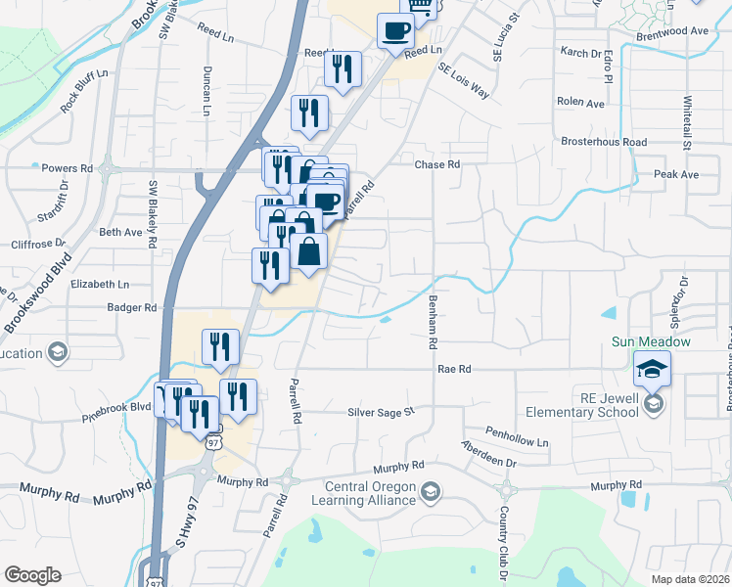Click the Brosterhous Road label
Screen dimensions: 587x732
(x=604, y=142)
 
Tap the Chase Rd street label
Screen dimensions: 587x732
(x=436, y=165)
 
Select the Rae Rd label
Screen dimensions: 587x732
(x=455, y=369)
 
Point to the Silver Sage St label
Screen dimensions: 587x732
(x=383, y=413)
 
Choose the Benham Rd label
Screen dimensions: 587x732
(x=431, y=323)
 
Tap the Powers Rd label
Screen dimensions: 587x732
(x=67, y=168)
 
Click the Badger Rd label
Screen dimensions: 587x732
(x=133, y=307)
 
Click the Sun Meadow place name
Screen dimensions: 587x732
(x=651, y=341)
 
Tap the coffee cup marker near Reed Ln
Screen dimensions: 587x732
(x=395, y=31)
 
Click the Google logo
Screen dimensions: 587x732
(x=32, y=575)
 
